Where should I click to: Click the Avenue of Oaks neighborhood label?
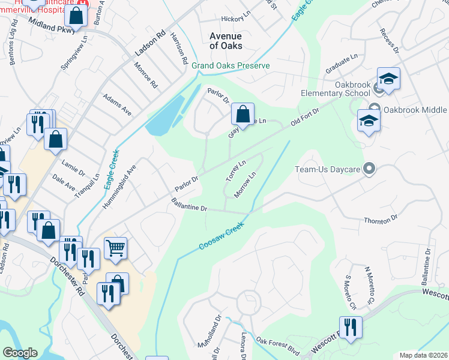(x=226, y=41)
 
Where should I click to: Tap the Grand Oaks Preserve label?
(x=231, y=65)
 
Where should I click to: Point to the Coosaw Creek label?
(x=221, y=238)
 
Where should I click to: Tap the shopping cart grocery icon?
(x=115, y=247)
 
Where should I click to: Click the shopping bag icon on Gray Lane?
(x=243, y=114)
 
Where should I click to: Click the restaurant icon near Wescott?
(x=351, y=327)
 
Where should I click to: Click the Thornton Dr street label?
(x=381, y=221)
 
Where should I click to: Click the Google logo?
(x=20, y=353)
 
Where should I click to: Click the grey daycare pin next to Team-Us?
(x=369, y=169)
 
